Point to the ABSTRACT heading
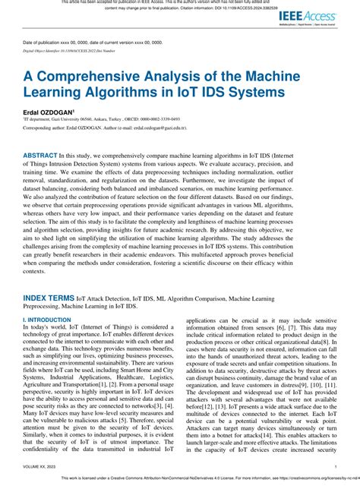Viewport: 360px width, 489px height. click(x=46, y=153)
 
